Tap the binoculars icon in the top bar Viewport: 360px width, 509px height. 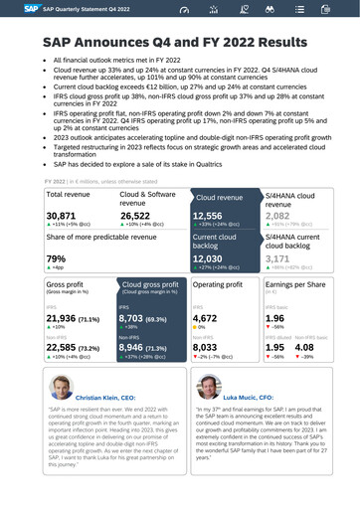click(270, 10)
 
